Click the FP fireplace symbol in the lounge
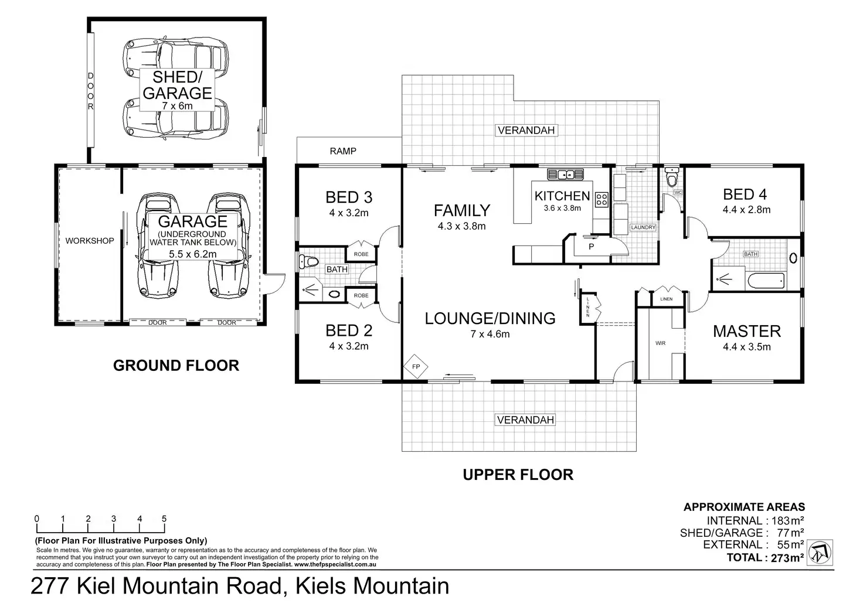pyautogui.click(x=416, y=366)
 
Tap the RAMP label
pyautogui.click(x=343, y=151)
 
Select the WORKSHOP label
pyautogui.click(x=90, y=241)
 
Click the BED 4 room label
pyautogui.click(x=745, y=194)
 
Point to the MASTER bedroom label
pyautogui.click(x=747, y=331)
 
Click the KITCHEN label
pyautogui.click(x=562, y=196)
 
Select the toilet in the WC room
pyautogui.click(x=672, y=175)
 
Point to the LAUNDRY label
pyautogui.click(x=643, y=227)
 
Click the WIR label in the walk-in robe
pyautogui.click(x=660, y=343)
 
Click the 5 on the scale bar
pyautogui.click(x=164, y=519)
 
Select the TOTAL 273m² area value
pyautogui.click(x=787, y=558)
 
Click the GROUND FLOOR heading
pyautogui.click(x=176, y=366)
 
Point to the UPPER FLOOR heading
pyautogui.click(x=518, y=475)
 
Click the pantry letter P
pyautogui.click(x=592, y=247)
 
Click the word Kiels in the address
pyautogui.click(x=322, y=586)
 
